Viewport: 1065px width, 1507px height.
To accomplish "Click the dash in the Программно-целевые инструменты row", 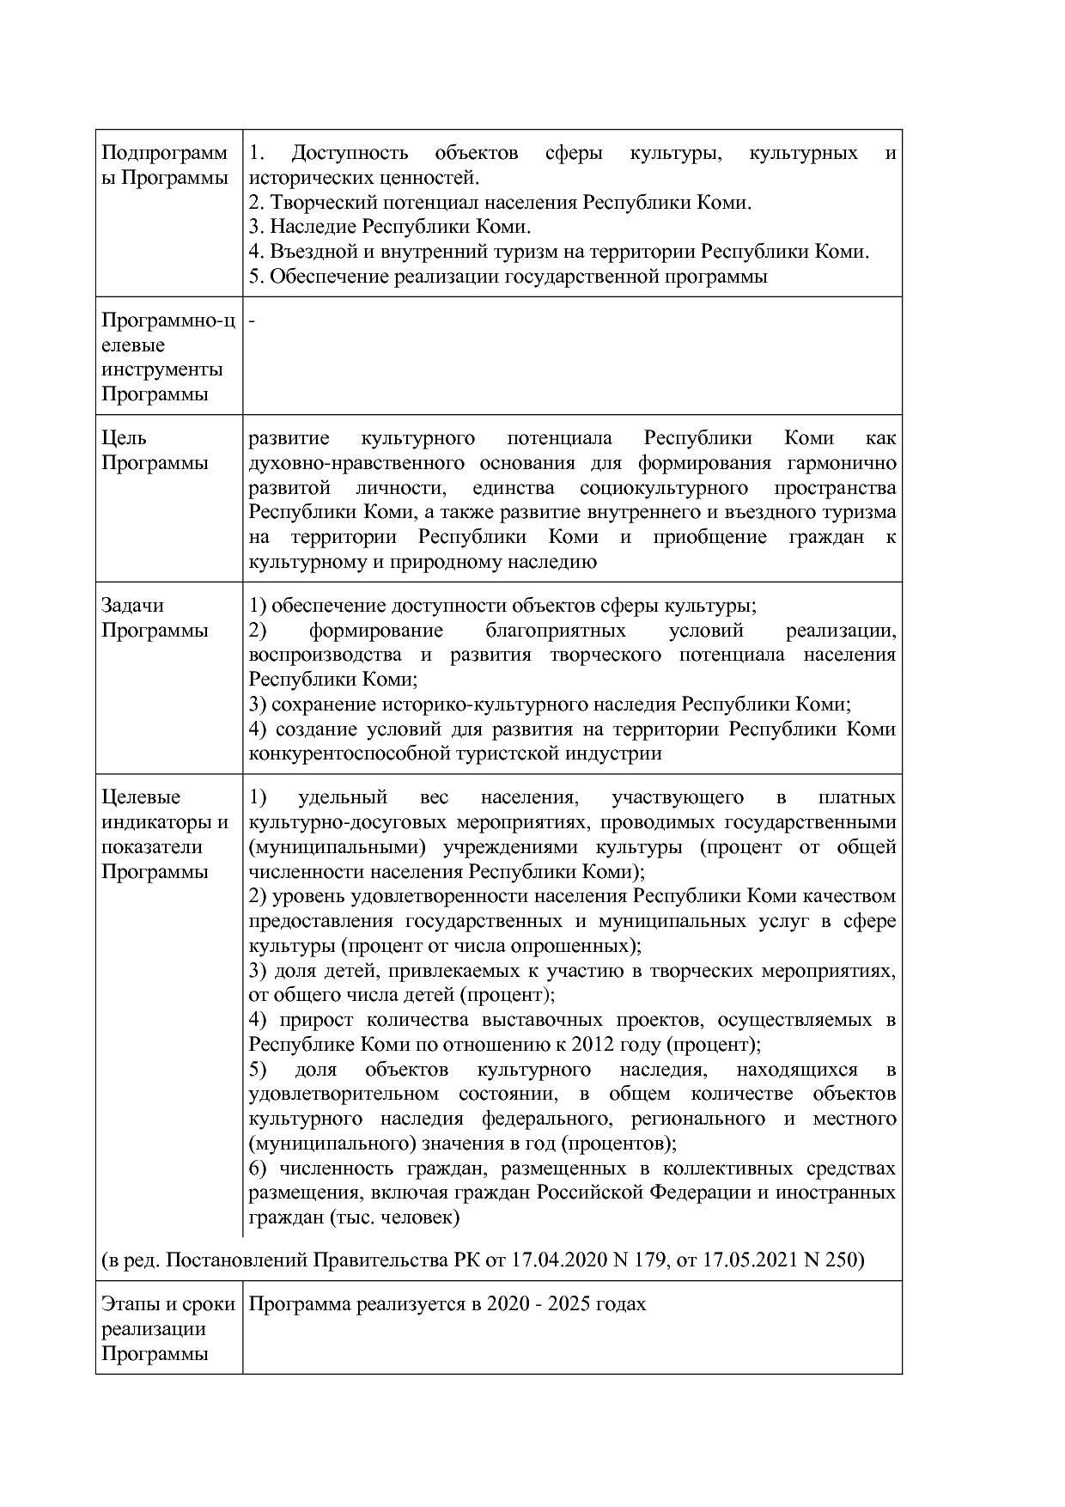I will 252,320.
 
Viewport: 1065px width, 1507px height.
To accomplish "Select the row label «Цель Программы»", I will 155,450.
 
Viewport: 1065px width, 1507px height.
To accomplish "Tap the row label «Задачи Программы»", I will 155,618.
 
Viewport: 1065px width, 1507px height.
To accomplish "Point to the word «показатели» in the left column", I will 152,846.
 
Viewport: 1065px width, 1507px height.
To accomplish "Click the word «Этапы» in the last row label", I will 129,1303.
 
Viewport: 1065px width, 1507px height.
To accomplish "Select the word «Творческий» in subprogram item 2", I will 320,203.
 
